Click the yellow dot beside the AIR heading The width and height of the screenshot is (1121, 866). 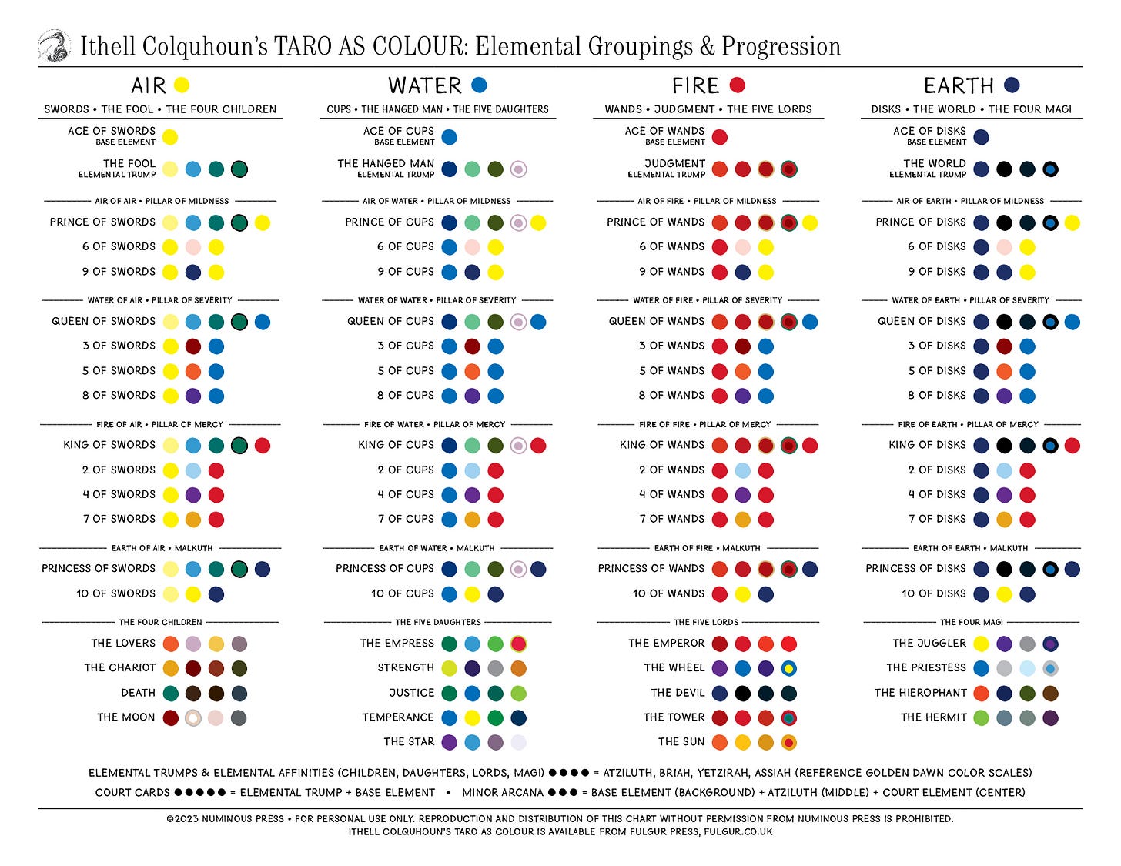[182, 85]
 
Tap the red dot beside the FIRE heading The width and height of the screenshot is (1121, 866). [737, 85]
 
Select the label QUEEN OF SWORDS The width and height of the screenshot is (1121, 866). [103, 321]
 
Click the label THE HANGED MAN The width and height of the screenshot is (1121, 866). [386, 163]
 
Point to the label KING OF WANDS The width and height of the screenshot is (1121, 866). [661, 445]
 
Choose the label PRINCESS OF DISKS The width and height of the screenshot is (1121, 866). [915, 569]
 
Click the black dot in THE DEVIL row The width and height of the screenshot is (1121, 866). [742, 693]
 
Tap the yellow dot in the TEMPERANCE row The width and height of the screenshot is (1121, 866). [472, 717]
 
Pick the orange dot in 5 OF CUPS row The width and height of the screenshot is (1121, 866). [472, 371]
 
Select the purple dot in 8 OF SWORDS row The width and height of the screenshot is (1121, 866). [193, 396]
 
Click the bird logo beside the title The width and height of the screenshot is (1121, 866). [55, 45]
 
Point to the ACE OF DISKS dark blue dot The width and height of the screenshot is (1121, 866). [981, 137]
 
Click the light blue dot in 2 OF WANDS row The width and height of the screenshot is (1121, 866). [742, 470]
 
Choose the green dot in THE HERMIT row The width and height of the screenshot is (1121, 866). [981, 717]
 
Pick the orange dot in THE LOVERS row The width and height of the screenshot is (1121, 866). [170, 644]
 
